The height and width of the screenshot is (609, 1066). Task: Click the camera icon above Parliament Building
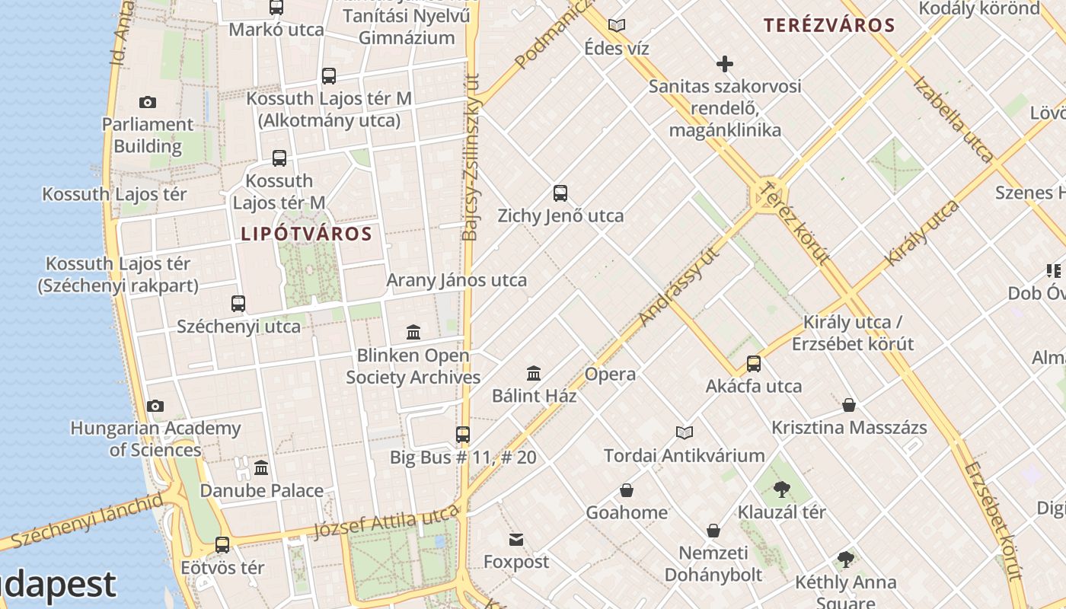point(148,102)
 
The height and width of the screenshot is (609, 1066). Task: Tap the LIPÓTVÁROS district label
point(306,234)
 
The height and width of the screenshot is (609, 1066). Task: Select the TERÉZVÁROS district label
point(829,25)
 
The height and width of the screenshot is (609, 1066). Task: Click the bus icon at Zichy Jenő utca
point(560,193)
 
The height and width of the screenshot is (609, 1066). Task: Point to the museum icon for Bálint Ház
point(534,374)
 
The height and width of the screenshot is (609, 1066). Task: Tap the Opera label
point(610,374)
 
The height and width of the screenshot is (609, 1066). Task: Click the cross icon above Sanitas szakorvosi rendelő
point(725,64)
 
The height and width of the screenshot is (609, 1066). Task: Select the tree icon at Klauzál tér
point(781,489)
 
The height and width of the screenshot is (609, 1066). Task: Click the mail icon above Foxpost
point(516,540)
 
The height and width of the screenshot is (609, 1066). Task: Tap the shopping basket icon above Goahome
point(627,490)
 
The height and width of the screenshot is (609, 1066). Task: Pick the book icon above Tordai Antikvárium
point(685,433)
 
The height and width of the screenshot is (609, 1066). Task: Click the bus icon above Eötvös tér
point(222,545)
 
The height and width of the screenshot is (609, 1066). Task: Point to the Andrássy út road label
point(679,285)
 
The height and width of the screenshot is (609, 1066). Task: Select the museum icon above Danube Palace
point(261,467)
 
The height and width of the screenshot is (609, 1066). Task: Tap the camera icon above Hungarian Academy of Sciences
point(155,406)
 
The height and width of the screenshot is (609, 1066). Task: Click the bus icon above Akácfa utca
point(754,364)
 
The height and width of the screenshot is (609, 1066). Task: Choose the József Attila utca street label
point(388,521)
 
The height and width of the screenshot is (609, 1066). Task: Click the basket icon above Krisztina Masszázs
point(849,405)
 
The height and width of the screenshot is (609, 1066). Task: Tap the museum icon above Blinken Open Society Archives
point(413,333)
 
